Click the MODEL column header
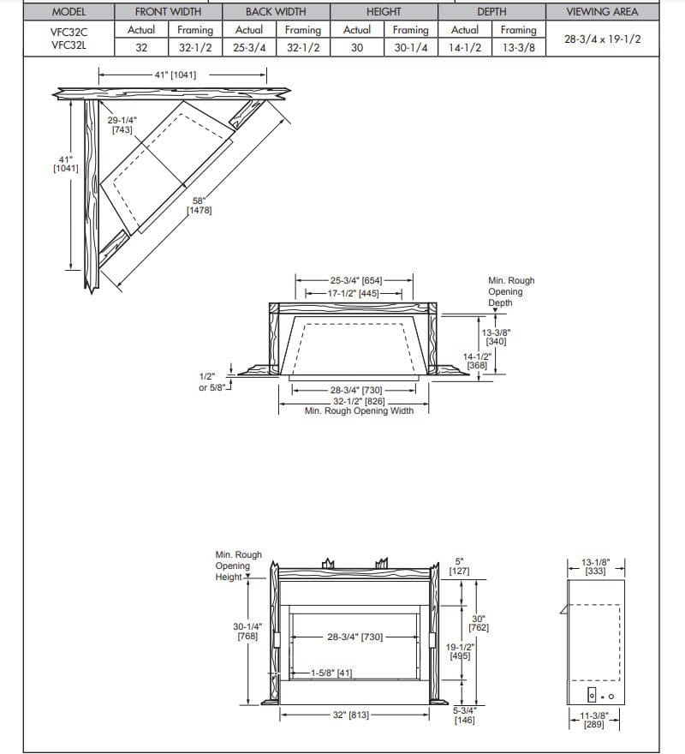point(69,12)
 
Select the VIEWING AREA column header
point(602,12)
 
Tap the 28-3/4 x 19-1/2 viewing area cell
point(602,39)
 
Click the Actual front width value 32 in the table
point(141,48)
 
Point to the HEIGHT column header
point(384,12)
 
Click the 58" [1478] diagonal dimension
point(200,206)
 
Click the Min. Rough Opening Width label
point(359,411)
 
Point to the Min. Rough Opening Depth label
point(510,291)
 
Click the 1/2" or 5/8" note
point(212,382)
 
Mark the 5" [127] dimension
point(458,566)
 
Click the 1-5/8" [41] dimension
point(330,673)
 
